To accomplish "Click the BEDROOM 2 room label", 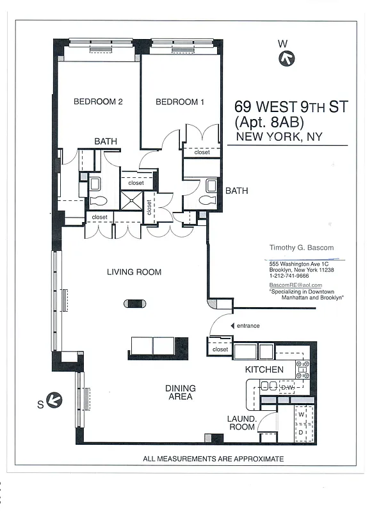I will point(98,101).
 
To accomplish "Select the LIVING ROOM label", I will point(134,272).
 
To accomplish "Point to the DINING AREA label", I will point(181,392).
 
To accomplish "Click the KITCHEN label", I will point(264,370).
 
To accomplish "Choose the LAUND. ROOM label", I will point(241,423).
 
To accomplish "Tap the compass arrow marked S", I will point(55,401).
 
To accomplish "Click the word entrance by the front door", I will point(248,326).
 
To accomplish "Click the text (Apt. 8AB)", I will point(269,122).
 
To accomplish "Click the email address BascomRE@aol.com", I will point(295,285).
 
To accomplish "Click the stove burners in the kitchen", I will point(302,369).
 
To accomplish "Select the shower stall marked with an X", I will point(131,201).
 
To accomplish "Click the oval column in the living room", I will point(134,303).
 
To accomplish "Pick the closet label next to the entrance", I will point(220,350).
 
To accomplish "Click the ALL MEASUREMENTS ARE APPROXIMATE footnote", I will point(213,459).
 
